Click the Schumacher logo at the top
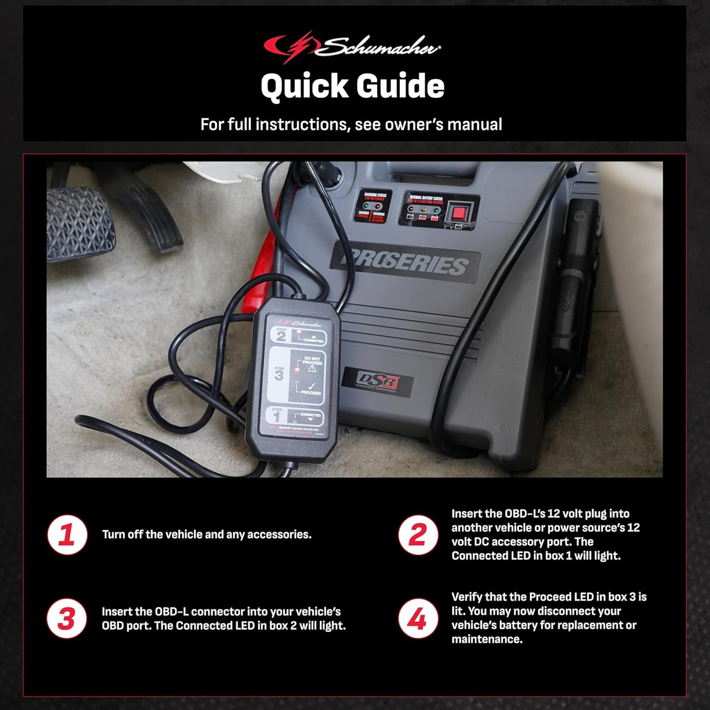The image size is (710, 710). click(x=352, y=47)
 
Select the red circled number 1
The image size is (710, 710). click(x=67, y=535)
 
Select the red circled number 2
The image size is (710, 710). click(x=418, y=535)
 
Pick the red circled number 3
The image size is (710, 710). click(x=67, y=619)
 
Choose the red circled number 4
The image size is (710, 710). click(x=418, y=619)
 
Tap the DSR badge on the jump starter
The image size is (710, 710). click(x=377, y=381)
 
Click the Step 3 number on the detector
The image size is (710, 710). click(x=279, y=376)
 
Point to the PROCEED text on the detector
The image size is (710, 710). click(x=311, y=393)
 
